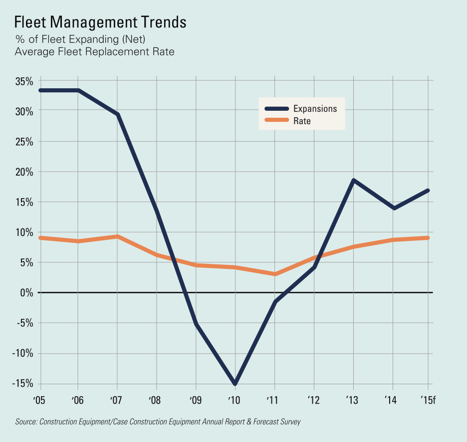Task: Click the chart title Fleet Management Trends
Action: click(100, 23)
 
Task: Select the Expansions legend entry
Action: click(315, 109)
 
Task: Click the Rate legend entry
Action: click(302, 121)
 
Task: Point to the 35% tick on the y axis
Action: click(24, 81)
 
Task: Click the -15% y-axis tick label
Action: click(22, 384)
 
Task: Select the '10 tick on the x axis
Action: click(234, 400)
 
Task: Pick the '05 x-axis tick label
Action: click(39, 400)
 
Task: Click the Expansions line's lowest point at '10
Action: click(234, 383)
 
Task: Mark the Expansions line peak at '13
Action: click(353, 180)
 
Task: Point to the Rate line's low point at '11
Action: click(275, 274)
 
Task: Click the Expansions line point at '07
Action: click(118, 114)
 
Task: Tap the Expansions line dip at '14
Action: click(394, 208)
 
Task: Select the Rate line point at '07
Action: click(118, 236)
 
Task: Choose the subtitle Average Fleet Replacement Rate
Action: click(95, 52)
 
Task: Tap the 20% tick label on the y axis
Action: click(24, 172)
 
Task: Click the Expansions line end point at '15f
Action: click(428, 191)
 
